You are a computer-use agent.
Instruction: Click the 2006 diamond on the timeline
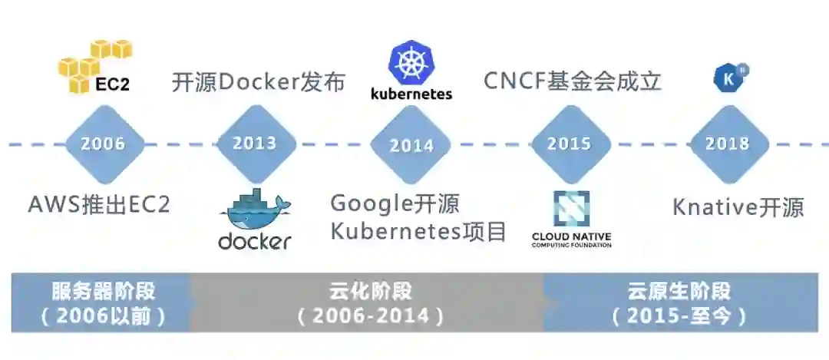point(103,144)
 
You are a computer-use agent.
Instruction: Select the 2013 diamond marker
point(254,144)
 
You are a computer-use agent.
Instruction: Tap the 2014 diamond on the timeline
point(411,145)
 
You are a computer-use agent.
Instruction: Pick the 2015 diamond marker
point(569,144)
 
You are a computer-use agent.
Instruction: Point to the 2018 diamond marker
point(727,144)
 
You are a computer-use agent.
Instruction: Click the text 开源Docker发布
point(258,82)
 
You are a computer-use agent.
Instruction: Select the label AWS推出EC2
point(99,205)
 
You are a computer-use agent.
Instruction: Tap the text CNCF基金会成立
point(572,81)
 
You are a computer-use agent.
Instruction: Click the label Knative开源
point(738,207)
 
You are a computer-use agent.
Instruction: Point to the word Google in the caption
point(372,204)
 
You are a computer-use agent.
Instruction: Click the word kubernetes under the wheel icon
point(411,94)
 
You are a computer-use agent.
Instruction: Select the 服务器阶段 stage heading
point(103,292)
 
